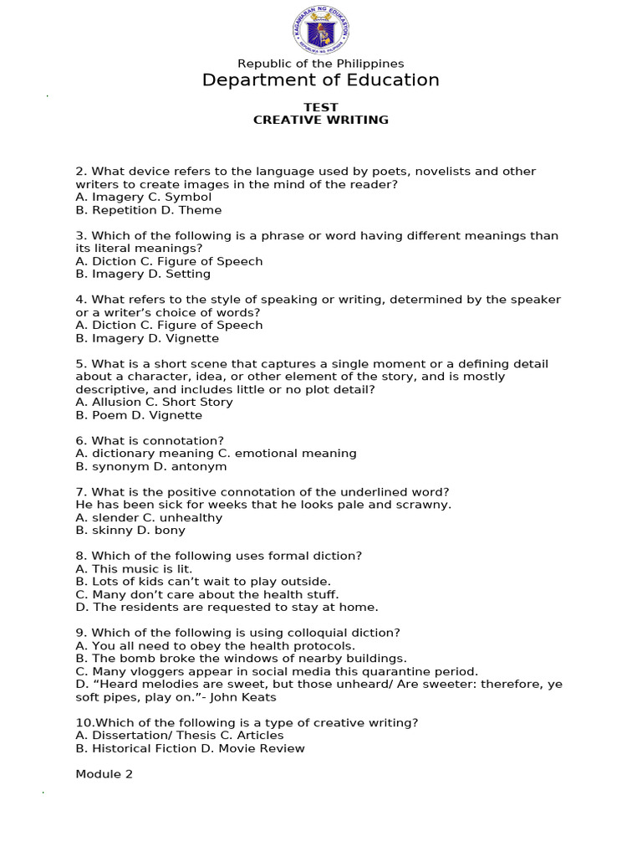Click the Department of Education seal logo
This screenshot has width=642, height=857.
coord(321,31)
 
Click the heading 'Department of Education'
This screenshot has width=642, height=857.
coord(321,80)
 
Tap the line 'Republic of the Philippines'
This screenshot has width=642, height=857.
coord(321,64)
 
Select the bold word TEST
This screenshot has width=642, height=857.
coord(321,107)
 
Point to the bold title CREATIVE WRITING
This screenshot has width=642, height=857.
coord(321,120)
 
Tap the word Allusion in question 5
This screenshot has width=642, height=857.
coord(115,402)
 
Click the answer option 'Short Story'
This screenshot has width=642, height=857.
coord(197,402)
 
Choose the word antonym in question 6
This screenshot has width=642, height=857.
coord(201,466)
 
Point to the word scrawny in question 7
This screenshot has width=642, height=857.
coord(426,505)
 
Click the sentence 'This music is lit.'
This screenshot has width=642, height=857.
coord(142,568)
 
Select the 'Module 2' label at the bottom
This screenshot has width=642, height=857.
coord(104,774)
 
